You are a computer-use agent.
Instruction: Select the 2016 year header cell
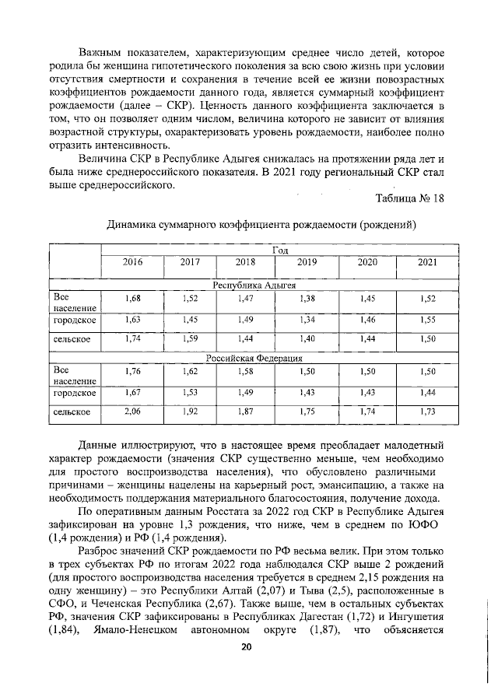click(133, 262)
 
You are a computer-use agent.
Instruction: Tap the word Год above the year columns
click(280, 249)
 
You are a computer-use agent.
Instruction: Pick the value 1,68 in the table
click(133, 299)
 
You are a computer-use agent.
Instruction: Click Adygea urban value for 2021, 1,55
click(427, 319)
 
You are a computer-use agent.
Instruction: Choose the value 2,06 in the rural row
click(133, 411)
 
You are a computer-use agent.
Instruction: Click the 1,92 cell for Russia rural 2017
click(191, 411)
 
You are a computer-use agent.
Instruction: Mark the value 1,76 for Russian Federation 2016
click(133, 372)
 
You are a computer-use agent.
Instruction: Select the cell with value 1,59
click(191, 338)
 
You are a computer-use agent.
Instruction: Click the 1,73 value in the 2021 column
click(427, 411)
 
